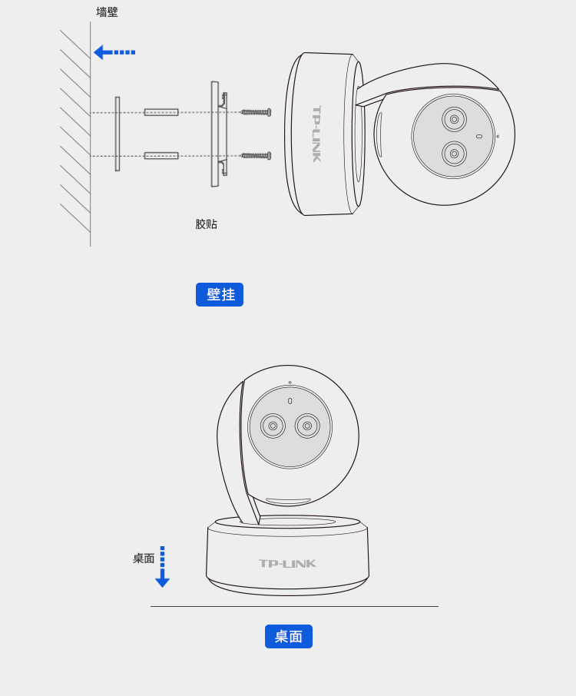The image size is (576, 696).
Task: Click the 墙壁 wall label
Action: (107, 12)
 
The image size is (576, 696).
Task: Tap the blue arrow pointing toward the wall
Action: (114, 52)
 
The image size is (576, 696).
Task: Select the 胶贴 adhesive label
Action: (207, 224)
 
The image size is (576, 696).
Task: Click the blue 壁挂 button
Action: (220, 294)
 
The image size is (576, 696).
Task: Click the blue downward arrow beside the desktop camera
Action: (162, 567)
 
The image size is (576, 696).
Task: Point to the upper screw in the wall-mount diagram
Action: (256, 112)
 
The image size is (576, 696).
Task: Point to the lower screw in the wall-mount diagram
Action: (256, 156)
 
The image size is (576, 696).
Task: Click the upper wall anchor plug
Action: (161, 112)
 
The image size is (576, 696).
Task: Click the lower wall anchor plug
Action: (161, 156)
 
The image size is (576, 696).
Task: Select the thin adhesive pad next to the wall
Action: (118, 134)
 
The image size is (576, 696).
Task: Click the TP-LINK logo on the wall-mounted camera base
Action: (316, 134)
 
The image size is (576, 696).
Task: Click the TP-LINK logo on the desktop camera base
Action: (287, 564)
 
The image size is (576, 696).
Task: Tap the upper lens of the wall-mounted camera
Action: (454, 119)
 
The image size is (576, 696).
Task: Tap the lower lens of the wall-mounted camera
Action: (454, 154)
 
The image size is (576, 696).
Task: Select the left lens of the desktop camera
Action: (273, 426)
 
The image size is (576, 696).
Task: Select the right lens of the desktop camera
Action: (307, 426)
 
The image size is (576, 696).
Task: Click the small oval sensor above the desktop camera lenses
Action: (290, 401)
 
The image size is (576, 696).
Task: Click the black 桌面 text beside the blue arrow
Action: (144, 558)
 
